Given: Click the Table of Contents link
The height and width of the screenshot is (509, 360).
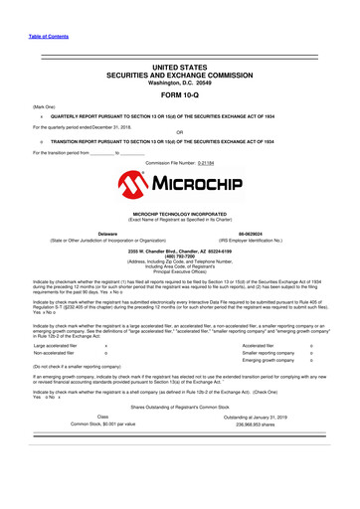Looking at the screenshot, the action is (32, 37).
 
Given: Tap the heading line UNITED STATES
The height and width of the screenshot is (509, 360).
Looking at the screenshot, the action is (180, 66).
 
